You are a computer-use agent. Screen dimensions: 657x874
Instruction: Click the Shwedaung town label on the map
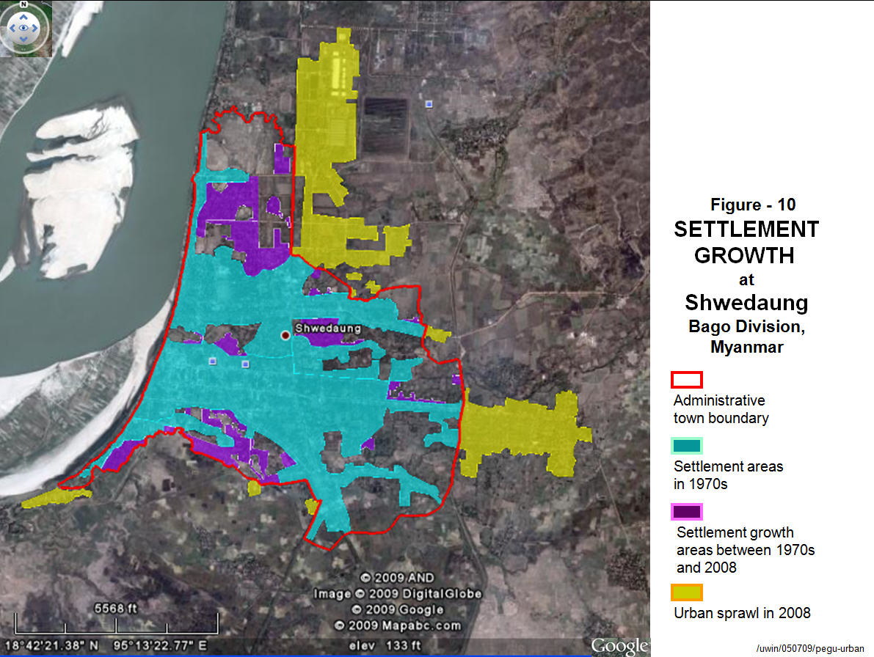(327, 328)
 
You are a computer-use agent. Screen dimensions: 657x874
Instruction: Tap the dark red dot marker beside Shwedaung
(285, 335)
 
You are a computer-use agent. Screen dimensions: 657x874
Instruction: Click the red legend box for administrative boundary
(687, 379)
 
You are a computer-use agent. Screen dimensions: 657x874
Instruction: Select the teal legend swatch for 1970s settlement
(687, 445)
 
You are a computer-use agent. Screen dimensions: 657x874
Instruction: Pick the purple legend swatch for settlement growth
(687, 511)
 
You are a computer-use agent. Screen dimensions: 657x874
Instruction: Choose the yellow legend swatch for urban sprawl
(687, 592)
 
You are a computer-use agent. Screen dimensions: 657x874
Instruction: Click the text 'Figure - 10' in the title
(752, 205)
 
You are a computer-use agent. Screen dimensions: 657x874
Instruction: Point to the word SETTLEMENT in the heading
(746, 230)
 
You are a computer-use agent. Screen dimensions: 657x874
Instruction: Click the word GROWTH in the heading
(745, 255)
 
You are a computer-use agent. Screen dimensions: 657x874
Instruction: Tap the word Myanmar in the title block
(746, 347)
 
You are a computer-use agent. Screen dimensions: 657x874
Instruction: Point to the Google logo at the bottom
(619, 645)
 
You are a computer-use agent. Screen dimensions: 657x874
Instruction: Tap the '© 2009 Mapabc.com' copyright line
(397, 625)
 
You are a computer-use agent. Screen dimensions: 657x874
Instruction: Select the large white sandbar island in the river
(81, 191)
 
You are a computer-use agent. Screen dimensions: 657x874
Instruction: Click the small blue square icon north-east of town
(429, 104)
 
